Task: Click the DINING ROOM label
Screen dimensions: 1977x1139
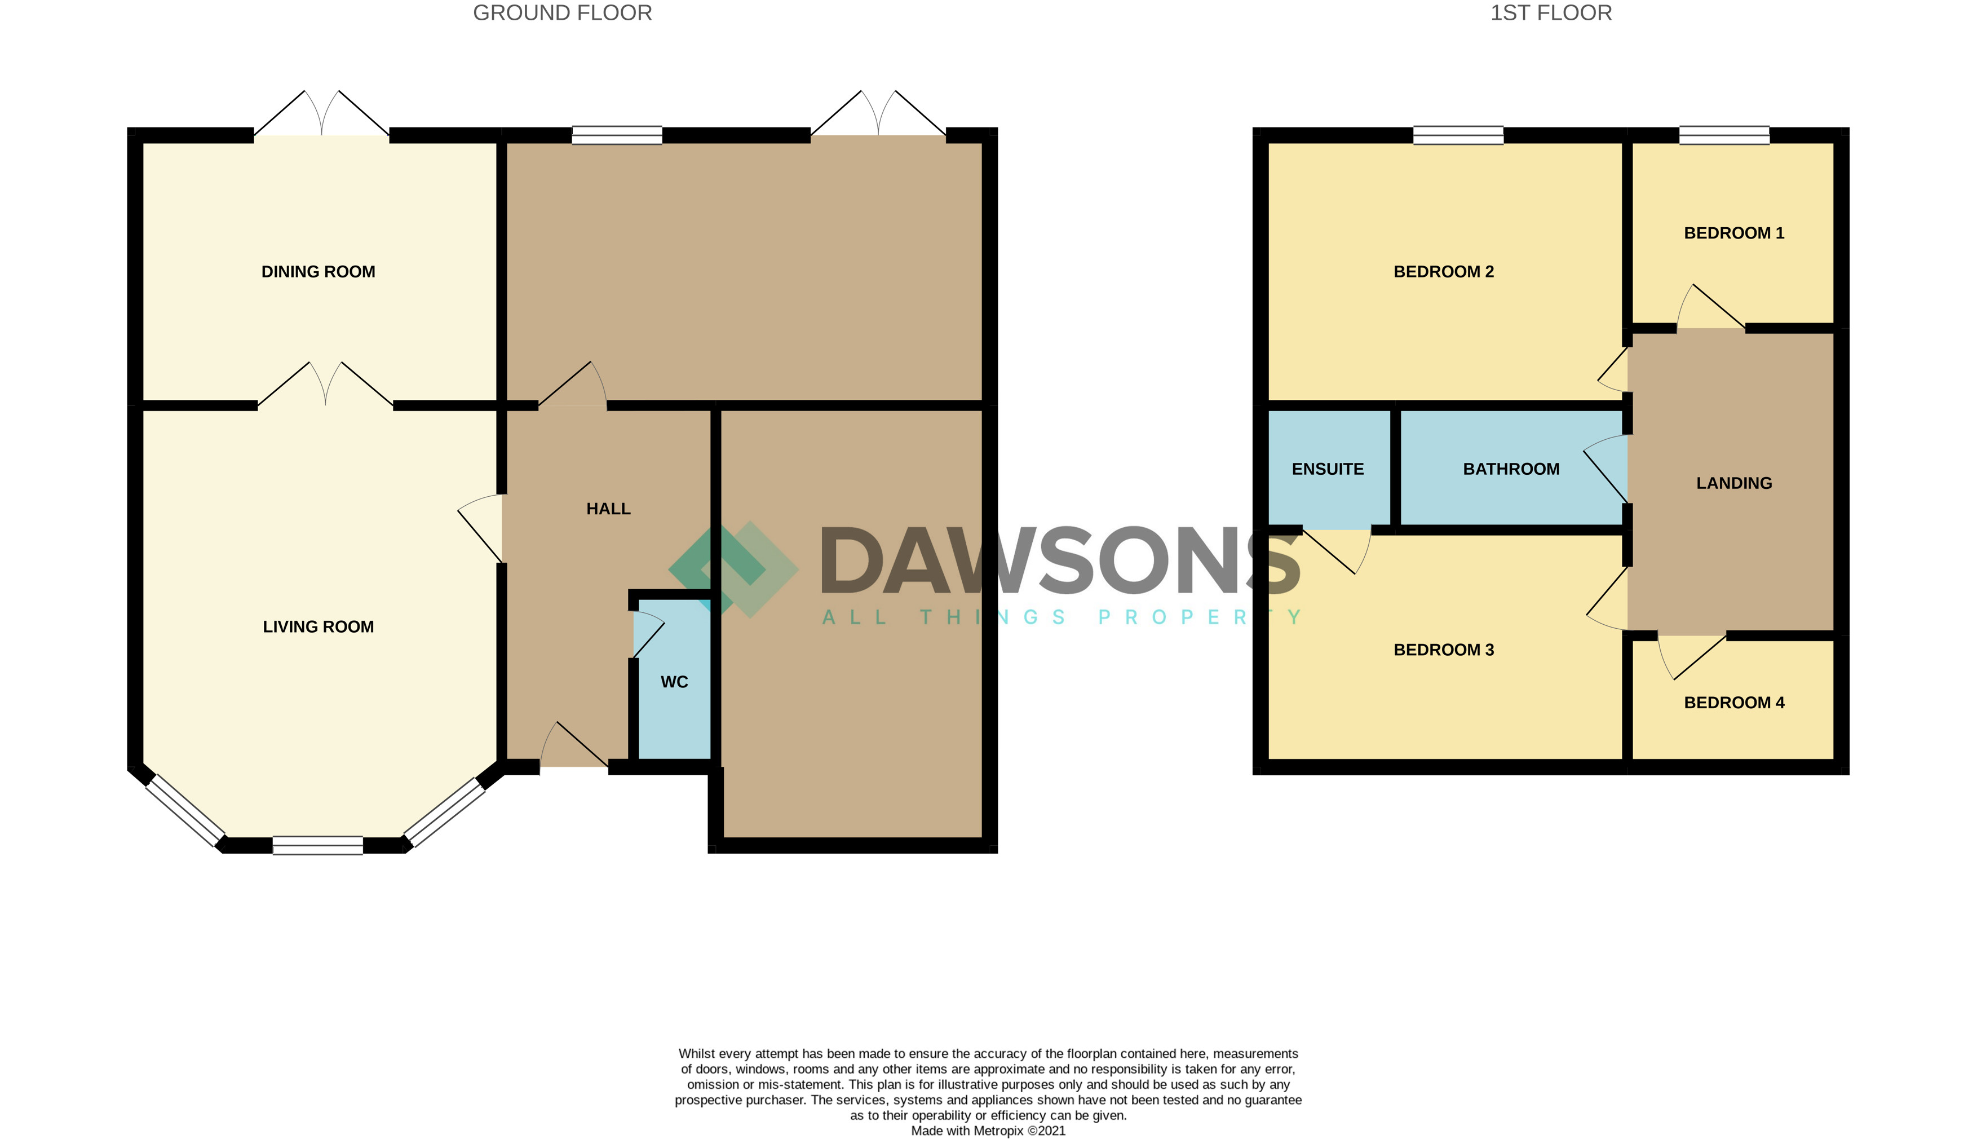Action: pyautogui.click(x=319, y=271)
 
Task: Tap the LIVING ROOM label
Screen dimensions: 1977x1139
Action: pyautogui.click(x=319, y=626)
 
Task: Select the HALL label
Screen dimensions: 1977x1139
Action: pyautogui.click(x=608, y=509)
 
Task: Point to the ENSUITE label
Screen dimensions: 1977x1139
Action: pyautogui.click(x=1328, y=469)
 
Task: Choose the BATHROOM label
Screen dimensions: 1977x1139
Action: pyautogui.click(x=1511, y=469)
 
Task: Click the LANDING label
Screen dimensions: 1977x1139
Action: pyautogui.click(x=1734, y=483)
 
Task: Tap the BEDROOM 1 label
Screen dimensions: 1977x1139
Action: pyautogui.click(x=1734, y=232)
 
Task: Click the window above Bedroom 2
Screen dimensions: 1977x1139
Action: pyautogui.click(x=1458, y=135)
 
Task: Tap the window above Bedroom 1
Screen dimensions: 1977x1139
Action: pyautogui.click(x=1724, y=135)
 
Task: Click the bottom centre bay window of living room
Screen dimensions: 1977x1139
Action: pyautogui.click(x=317, y=845)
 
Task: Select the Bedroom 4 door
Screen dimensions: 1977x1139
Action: pyautogui.click(x=1692, y=657)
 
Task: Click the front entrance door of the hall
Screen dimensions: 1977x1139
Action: pyautogui.click(x=575, y=744)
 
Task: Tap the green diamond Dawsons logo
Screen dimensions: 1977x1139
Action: pyautogui.click(x=733, y=569)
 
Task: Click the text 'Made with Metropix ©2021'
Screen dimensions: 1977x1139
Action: pyautogui.click(x=988, y=1131)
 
